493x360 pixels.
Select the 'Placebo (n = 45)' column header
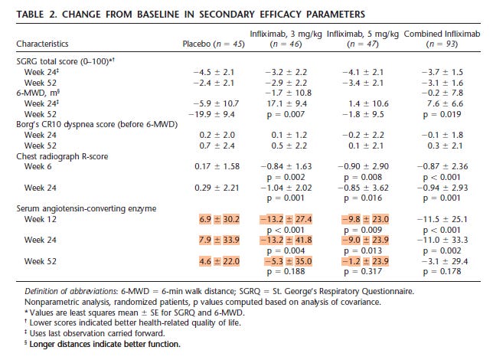click(214, 44)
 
